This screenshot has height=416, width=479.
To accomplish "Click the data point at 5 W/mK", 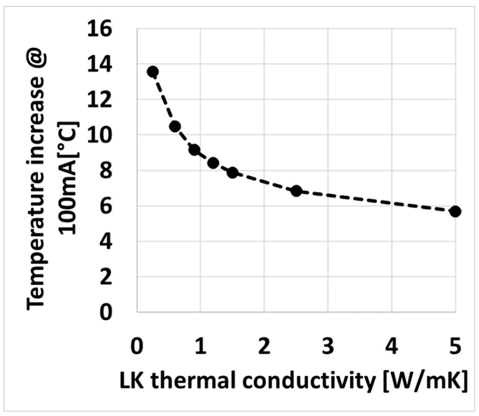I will pos(455,212).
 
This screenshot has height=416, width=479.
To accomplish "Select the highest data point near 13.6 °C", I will pos(153,72).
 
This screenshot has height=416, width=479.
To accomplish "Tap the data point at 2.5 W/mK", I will pos(296,191).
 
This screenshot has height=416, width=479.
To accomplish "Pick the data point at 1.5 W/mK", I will pos(232,173).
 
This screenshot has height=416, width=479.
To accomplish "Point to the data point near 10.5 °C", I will pos(175,127).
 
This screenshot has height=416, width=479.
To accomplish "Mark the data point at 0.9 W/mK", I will pos(194,150).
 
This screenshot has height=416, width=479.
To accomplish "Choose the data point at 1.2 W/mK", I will pos(213,163).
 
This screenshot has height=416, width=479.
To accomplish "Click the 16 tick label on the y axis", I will pos(100,29).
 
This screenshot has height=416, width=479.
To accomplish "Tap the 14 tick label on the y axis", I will pos(100,64).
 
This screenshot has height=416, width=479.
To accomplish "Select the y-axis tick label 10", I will pos(100,135).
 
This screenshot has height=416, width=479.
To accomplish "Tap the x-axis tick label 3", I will pos(328,347).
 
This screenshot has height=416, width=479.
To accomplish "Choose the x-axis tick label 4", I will pos(391,347).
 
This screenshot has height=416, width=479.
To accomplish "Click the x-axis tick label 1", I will pos(201,347).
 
